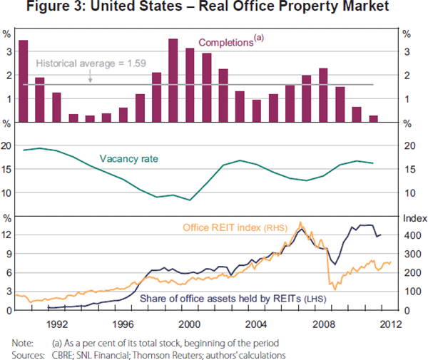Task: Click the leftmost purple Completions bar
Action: [x=23, y=81]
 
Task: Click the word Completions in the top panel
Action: [x=225, y=43]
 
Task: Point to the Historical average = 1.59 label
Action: [x=91, y=63]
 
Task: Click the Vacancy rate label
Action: [x=123, y=160]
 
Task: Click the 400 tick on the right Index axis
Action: [x=411, y=235]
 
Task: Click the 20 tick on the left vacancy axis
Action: [x=9, y=145]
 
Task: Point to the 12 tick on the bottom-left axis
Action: [x=9, y=235]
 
